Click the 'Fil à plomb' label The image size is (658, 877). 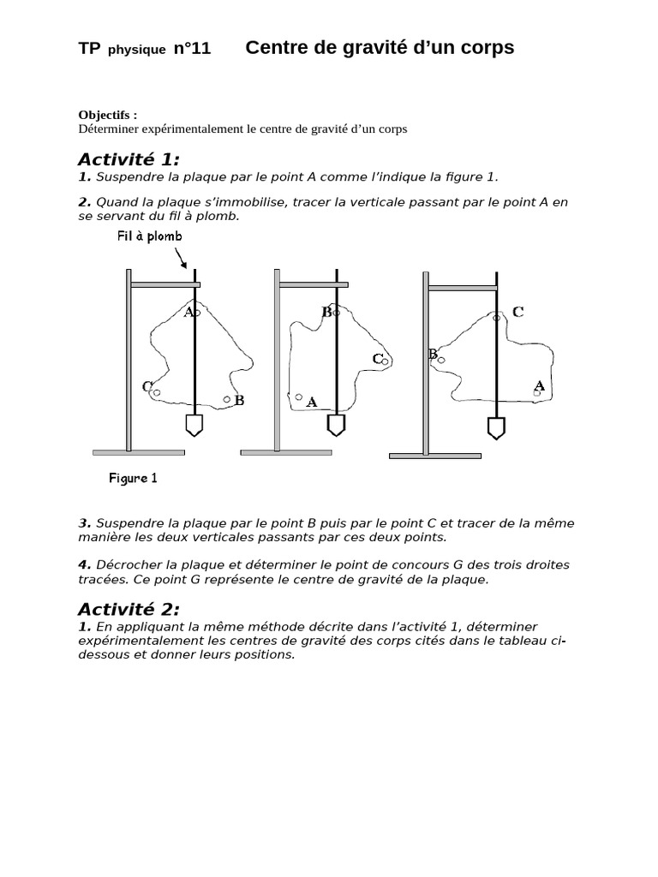tap(149, 236)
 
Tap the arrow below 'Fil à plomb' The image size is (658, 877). tap(181, 259)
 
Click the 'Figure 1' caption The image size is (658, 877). tap(133, 478)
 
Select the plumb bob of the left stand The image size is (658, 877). tap(194, 425)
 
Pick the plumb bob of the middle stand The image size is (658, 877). tap(336, 425)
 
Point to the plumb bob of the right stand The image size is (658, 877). tap(496, 428)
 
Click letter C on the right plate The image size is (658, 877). tap(518, 312)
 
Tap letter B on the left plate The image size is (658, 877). tap(240, 401)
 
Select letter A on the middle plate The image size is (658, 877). tap(312, 403)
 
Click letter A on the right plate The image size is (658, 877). tap(540, 385)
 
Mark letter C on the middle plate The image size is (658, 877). tap(378, 359)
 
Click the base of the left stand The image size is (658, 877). tap(139, 452)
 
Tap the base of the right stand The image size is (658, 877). tap(435, 456)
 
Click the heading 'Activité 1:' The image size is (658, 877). tap(129, 159)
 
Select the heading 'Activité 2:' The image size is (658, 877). tap(129, 609)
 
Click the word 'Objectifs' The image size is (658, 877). tap(104, 116)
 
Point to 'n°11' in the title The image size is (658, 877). tap(193, 49)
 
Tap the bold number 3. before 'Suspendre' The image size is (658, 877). tap(85, 523)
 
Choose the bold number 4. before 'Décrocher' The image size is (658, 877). tap(85, 565)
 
